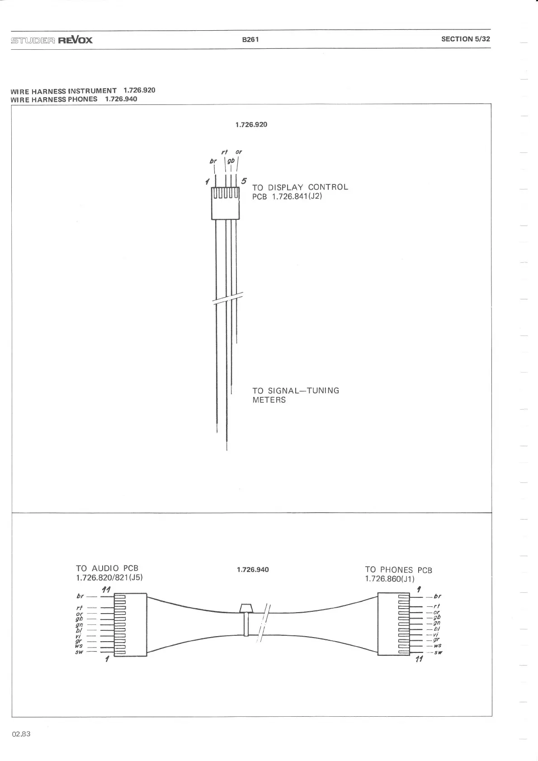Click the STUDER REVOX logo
(x=52, y=40)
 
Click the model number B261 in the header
(x=250, y=39)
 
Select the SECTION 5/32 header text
(x=465, y=39)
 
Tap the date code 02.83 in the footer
(x=21, y=734)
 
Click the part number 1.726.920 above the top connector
(x=251, y=124)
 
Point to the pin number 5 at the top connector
(x=244, y=181)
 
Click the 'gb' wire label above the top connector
(x=231, y=161)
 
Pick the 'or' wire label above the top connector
(x=239, y=151)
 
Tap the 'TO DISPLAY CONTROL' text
(x=300, y=187)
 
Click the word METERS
(x=269, y=400)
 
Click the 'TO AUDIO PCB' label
(x=107, y=568)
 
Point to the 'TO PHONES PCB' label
(x=398, y=570)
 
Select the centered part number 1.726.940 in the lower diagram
(x=253, y=569)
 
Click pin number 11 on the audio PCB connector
(x=106, y=589)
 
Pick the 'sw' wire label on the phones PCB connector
(x=438, y=652)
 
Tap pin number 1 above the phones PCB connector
(x=419, y=589)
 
